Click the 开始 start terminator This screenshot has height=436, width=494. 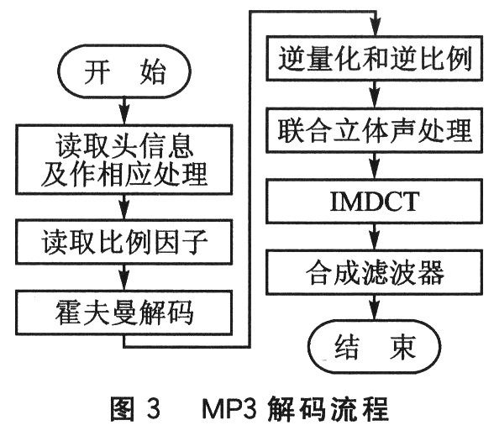coord(124,74)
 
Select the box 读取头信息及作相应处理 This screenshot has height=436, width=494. coord(124,161)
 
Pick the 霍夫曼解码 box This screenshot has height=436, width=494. coord(124,313)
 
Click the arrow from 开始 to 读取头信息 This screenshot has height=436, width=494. coord(124,109)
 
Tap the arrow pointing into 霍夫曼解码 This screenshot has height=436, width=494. coord(124,284)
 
